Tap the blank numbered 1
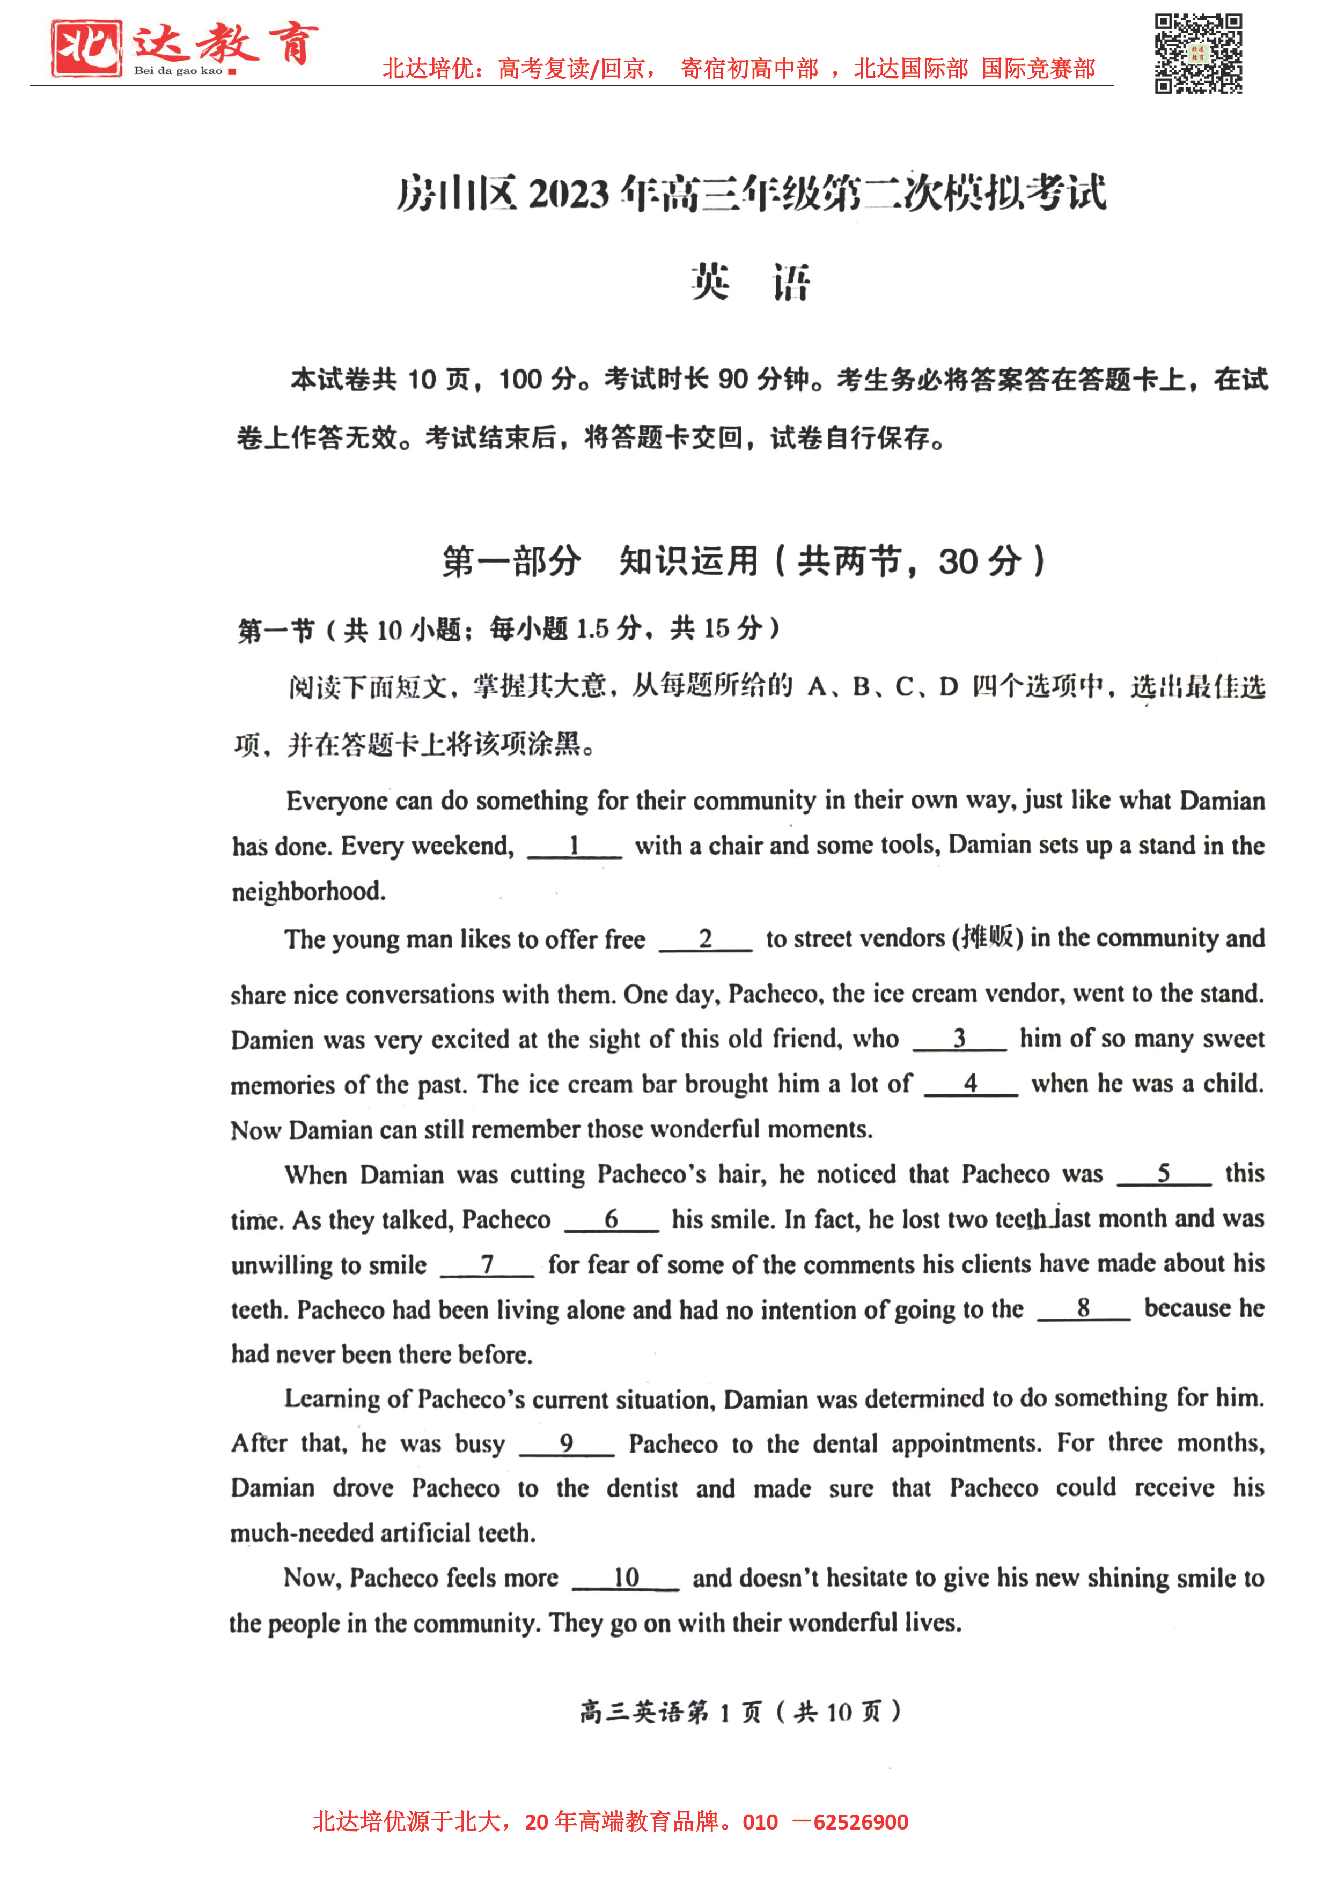click(x=575, y=846)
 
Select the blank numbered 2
click(x=705, y=939)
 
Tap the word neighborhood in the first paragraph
click(x=308, y=891)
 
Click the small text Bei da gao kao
click(x=178, y=71)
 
